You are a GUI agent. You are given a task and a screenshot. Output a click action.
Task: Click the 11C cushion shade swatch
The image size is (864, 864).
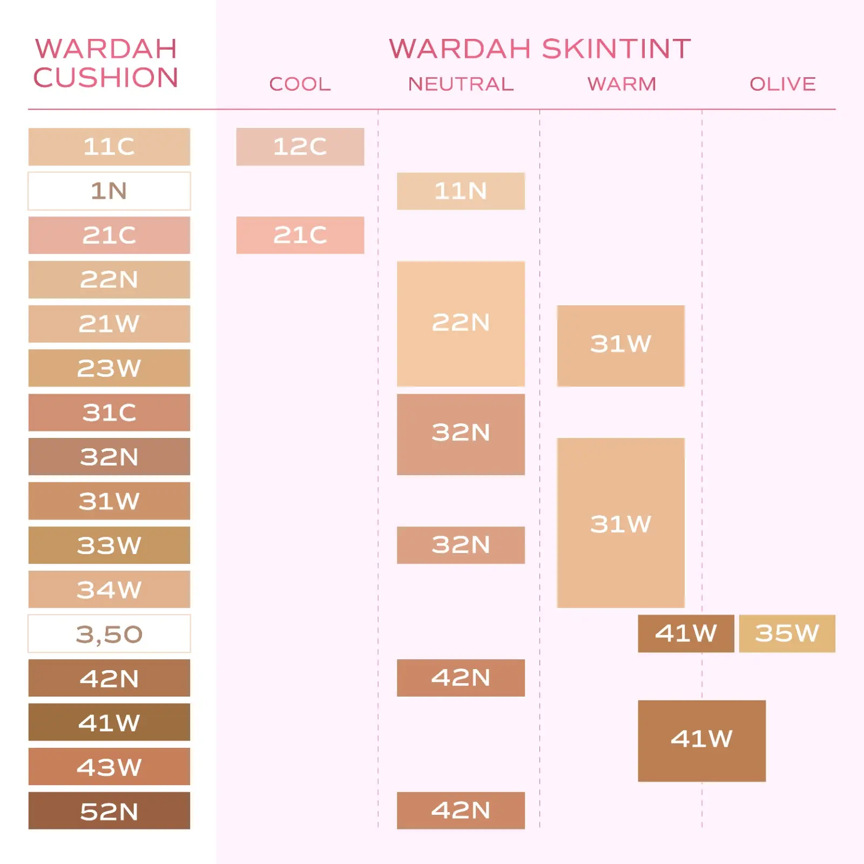(x=109, y=146)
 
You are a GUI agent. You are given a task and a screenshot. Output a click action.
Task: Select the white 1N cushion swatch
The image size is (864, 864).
(x=109, y=191)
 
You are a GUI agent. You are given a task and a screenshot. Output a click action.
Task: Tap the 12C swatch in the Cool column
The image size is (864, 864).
(x=300, y=146)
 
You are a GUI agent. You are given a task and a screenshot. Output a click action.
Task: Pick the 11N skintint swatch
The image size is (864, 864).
(x=461, y=191)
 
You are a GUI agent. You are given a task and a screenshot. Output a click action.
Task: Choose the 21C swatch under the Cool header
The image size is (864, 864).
(x=300, y=235)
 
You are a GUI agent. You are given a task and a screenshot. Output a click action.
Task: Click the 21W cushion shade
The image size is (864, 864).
(x=109, y=323)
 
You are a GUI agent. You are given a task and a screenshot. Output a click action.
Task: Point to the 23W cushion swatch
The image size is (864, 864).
(x=109, y=368)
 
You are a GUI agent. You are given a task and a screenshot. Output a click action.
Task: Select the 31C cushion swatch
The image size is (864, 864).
(x=109, y=412)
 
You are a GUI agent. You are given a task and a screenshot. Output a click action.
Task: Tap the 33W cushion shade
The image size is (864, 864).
(x=109, y=545)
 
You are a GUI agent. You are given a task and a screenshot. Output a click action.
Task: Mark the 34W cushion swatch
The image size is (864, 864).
(x=109, y=589)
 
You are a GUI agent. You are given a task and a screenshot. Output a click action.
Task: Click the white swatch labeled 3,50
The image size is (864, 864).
(x=109, y=633)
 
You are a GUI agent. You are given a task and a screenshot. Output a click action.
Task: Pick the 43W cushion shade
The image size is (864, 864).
(x=109, y=766)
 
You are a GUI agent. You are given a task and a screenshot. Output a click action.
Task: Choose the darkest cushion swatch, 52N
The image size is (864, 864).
(x=109, y=811)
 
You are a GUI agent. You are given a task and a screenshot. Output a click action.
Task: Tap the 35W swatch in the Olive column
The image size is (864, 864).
(x=787, y=633)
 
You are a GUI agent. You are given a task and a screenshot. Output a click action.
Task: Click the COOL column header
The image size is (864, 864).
(x=300, y=84)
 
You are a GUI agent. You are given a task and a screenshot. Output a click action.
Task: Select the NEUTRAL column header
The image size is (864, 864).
(x=461, y=84)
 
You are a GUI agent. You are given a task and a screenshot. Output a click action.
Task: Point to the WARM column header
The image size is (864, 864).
(x=622, y=84)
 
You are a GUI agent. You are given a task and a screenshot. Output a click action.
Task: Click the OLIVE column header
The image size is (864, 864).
(x=782, y=84)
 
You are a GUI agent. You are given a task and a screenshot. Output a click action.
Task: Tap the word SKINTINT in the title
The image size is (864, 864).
(x=616, y=49)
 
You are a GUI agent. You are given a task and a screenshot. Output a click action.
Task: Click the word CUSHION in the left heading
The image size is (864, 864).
(x=106, y=78)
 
